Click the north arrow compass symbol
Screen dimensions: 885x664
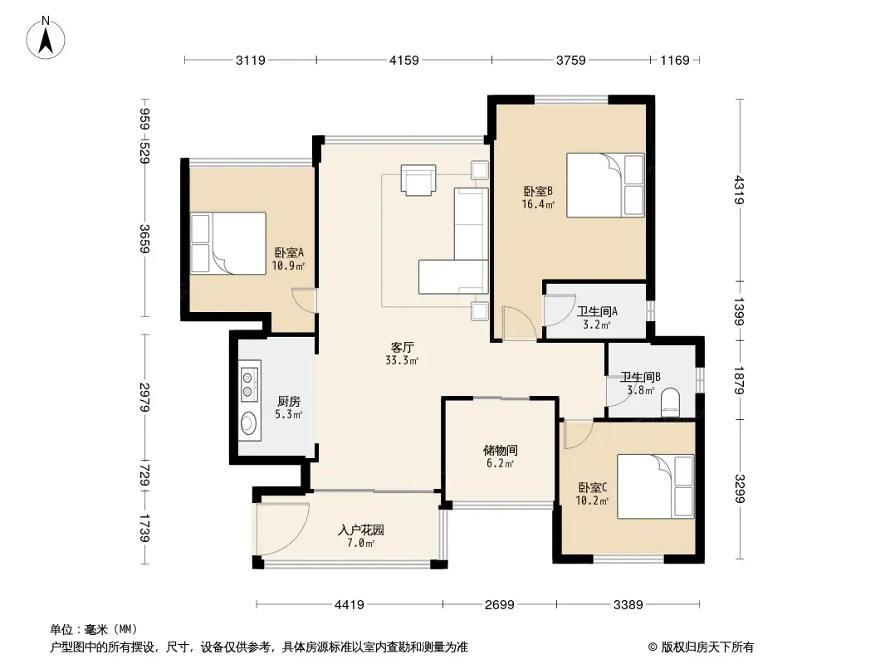[46, 38]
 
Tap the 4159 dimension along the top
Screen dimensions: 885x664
[404, 60]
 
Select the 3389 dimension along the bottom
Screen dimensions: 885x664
[628, 605]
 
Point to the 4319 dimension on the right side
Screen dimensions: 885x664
[740, 190]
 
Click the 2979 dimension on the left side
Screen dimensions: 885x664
[145, 398]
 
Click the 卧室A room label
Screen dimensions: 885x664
[289, 253]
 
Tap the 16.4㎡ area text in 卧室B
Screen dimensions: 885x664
[538, 205]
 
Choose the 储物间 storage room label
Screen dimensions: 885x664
[500, 450]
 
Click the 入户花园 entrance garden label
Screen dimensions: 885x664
[361, 530]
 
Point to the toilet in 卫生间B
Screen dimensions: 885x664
[671, 401]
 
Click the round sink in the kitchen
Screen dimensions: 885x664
[248, 422]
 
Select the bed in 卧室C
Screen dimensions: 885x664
[655, 486]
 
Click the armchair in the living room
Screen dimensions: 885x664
[418, 180]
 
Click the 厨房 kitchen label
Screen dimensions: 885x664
[288, 402]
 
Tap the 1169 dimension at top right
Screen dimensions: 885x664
[675, 60]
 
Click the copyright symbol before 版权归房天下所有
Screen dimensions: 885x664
[653, 647]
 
